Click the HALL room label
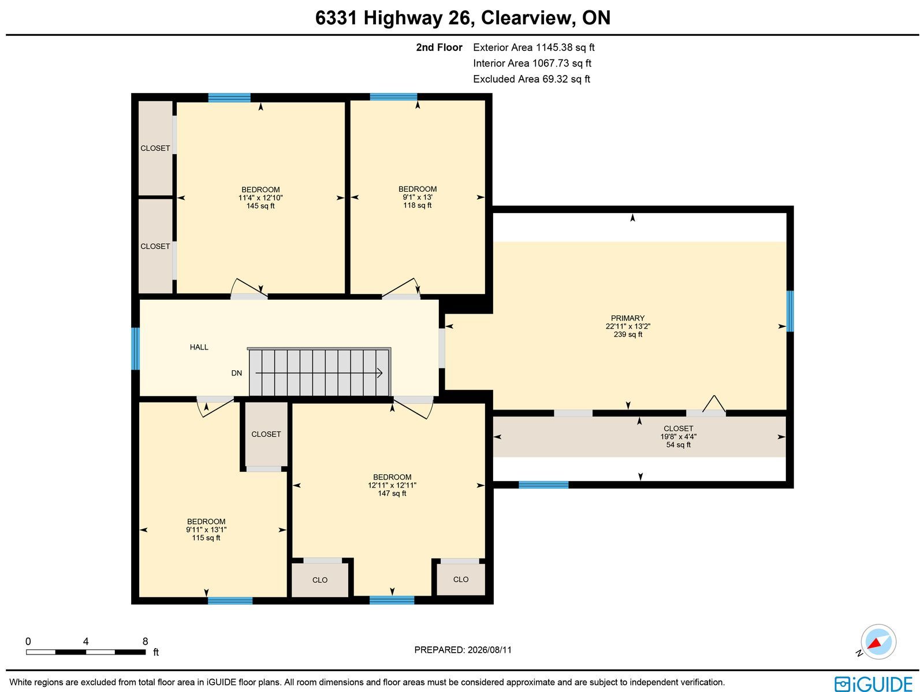199,347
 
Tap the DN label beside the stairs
237,373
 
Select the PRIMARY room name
628,318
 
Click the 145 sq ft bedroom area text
260,206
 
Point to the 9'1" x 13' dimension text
418,197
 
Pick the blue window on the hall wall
136,348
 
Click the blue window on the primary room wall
790,311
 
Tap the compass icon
878,642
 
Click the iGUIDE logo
874,684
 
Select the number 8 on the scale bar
145,641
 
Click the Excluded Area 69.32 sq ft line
531,79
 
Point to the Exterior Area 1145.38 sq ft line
534,47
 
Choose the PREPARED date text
463,650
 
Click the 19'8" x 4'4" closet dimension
678,437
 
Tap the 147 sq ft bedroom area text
392,493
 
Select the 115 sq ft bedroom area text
206,538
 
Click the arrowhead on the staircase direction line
379,373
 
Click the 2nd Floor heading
439,47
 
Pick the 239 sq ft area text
628,334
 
